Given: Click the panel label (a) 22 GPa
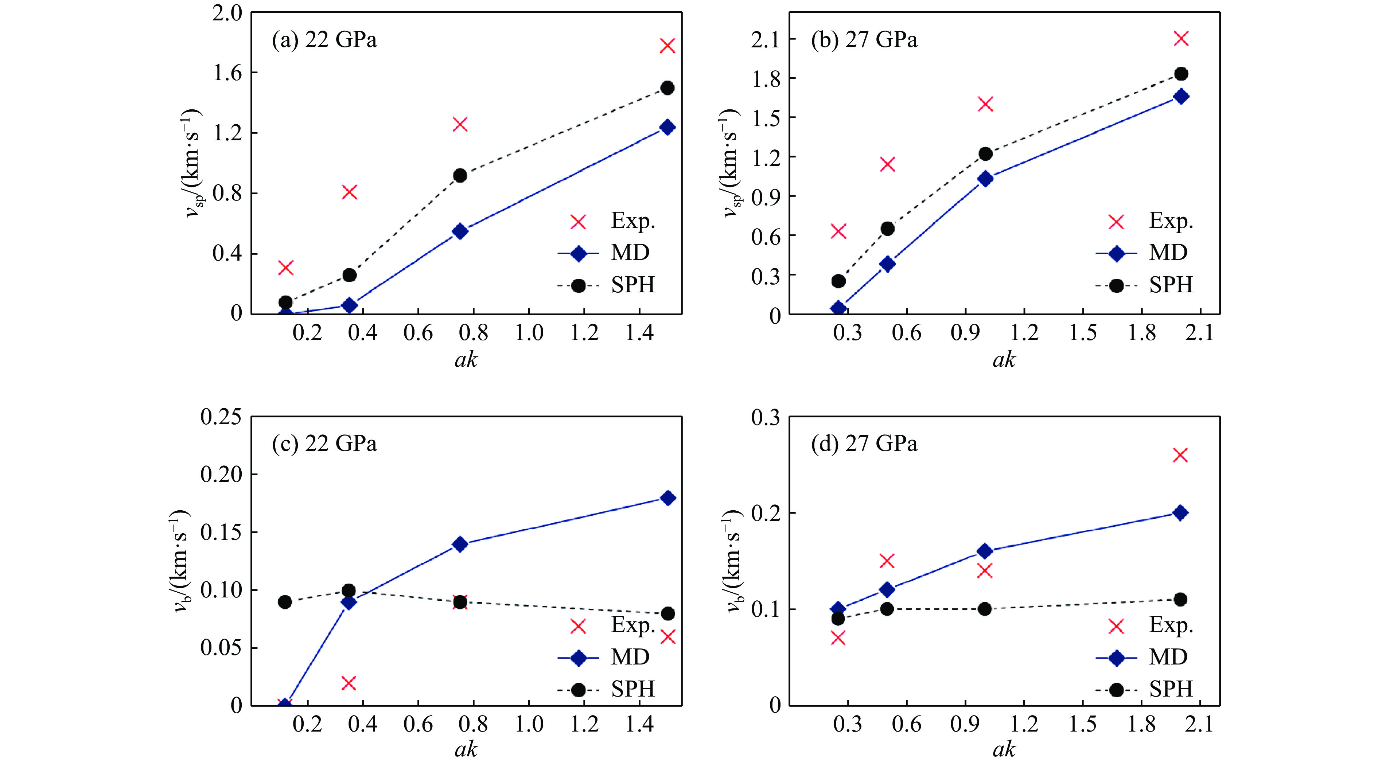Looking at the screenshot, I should tap(324, 40).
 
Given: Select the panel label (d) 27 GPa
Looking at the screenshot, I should tap(864, 444).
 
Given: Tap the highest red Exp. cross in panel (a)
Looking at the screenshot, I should tap(667, 46).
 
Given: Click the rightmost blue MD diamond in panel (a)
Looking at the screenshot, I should tap(667, 127).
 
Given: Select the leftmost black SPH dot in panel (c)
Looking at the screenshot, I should tap(285, 602).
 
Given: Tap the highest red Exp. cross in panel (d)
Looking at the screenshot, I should tap(1180, 455).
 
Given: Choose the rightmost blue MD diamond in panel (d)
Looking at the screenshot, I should tap(1180, 512).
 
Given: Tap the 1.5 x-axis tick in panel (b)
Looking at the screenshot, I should tap(1083, 333).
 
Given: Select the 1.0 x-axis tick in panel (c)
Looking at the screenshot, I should tap(529, 724).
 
